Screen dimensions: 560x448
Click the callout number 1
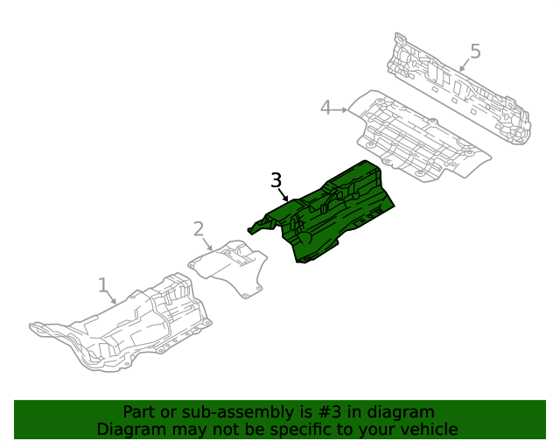pyautogui.click(x=102, y=284)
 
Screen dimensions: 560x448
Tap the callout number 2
pyautogui.click(x=199, y=228)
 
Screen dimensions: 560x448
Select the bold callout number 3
pyautogui.click(x=276, y=180)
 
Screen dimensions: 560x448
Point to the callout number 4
pyautogui.click(x=325, y=108)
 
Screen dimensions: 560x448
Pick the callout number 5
pyautogui.click(x=475, y=51)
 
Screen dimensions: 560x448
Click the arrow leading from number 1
pyautogui.click(x=110, y=297)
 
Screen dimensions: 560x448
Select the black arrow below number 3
pyautogui.click(x=283, y=195)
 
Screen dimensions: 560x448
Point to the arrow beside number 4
pyautogui.click(x=339, y=110)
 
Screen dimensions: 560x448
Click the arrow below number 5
pyautogui.click(x=465, y=65)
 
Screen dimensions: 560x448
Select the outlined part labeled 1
pyautogui.click(x=122, y=324)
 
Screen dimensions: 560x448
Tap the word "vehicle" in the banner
pyautogui.click(x=433, y=430)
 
